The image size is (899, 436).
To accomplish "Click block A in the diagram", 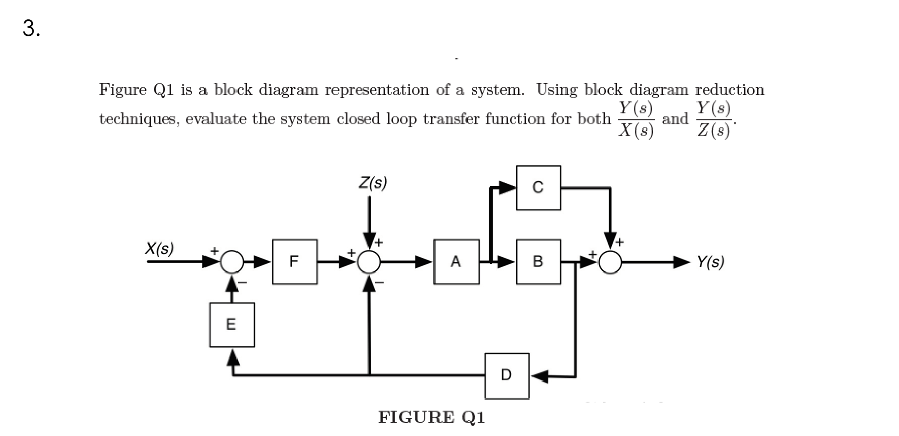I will (x=456, y=262).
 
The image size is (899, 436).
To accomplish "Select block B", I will (x=538, y=262).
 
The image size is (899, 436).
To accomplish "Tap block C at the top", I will (x=538, y=187).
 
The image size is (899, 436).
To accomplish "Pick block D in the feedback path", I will (x=507, y=375).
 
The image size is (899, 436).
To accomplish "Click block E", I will (x=231, y=325).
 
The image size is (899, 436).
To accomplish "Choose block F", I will (x=295, y=262).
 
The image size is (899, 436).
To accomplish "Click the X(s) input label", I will (x=159, y=248).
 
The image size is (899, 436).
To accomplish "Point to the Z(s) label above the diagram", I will (x=373, y=183).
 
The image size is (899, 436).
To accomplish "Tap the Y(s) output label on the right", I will (x=710, y=262).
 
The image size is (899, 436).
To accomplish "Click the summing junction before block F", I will (x=231, y=262).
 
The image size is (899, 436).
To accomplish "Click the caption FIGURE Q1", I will (x=431, y=417).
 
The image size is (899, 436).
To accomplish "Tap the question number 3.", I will (x=31, y=29).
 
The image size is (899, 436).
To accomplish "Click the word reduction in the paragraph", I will (x=729, y=90).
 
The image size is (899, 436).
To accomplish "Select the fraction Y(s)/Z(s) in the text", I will (x=713, y=119).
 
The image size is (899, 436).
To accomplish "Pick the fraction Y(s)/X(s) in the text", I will (x=636, y=119).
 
